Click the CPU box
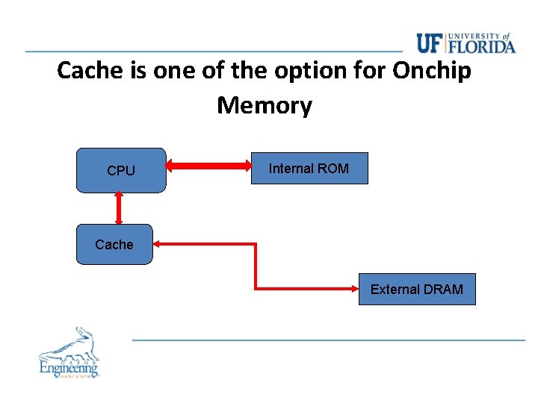pyautogui.click(x=121, y=170)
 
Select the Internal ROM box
pyautogui.click(x=309, y=169)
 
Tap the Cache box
pyautogui.click(x=114, y=245)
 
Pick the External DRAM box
pyautogui.click(x=416, y=290)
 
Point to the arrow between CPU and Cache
pyautogui.click(x=118, y=208)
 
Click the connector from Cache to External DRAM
pyautogui.click(x=256, y=265)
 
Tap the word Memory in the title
pyautogui.click(x=265, y=105)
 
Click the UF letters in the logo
pyautogui.click(x=429, y=44)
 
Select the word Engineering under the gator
pyautogui.click(x=69, y=367)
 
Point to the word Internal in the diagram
pyautogui.click(x=291, y=169)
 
